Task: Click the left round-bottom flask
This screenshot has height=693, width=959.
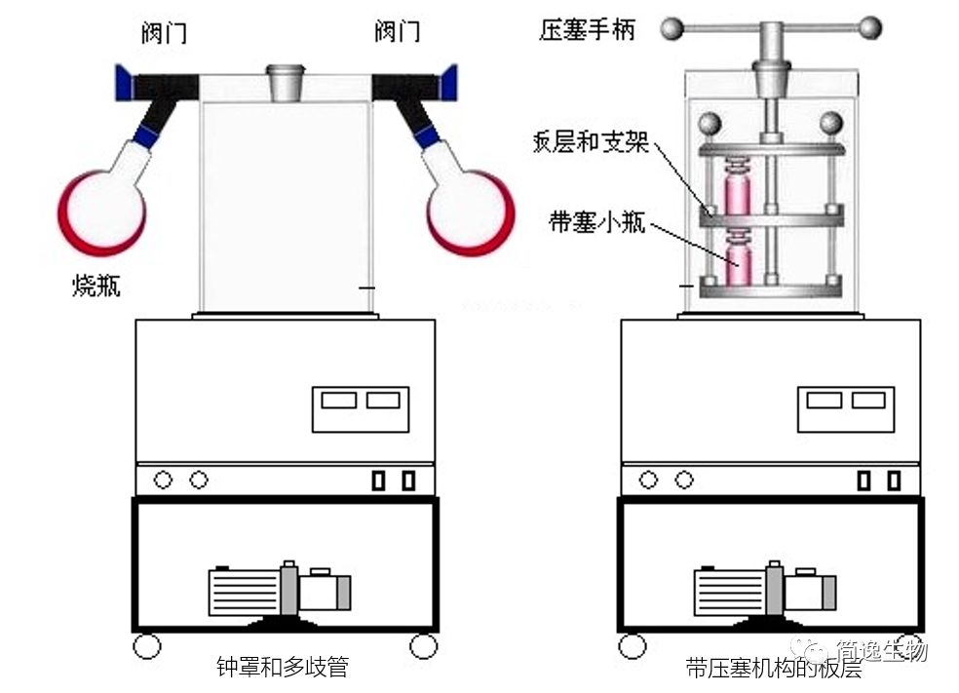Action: click(101, 208)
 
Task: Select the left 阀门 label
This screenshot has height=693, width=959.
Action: click(163, 33)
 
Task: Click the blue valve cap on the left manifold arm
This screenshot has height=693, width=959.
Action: click(124, 84)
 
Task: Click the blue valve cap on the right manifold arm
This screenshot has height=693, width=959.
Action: click(448, 83)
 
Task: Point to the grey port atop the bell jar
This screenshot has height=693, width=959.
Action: click(286, 82)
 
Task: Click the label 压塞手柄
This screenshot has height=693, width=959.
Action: click(586, 29)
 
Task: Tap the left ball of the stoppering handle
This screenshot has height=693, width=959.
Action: click(671, 27)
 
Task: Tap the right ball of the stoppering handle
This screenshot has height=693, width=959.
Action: click(870, 27)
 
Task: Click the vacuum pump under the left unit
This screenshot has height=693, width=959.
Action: click(278, 590)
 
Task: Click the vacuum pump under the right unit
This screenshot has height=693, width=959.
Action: click(764, 590)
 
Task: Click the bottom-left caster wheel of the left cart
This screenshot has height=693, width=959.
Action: click(147, 645)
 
